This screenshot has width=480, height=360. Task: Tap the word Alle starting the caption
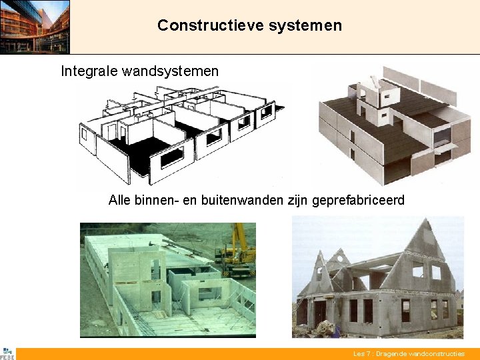(x=120, y=200)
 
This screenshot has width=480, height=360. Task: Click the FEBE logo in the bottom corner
(x=7, y=354)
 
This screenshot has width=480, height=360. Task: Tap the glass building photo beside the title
(x=35, y=27)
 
